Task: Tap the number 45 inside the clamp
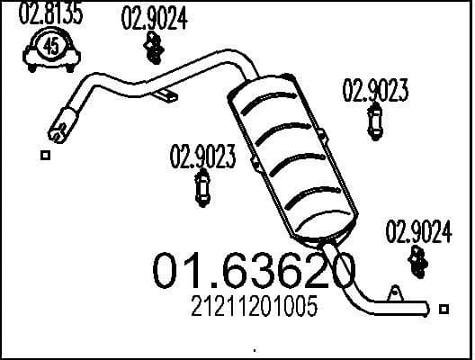(52, 49)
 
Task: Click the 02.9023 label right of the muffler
(376, 90)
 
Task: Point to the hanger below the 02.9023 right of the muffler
(375, 121)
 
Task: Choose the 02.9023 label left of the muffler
(202, 157)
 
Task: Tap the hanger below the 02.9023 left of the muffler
(203, 188)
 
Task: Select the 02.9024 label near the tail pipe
(418, 232)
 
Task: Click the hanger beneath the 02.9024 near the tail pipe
(418, 261)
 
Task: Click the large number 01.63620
(255, 270)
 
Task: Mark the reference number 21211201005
(255, 309)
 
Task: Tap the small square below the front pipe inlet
(45, 155)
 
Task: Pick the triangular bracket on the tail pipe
(393, 293)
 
